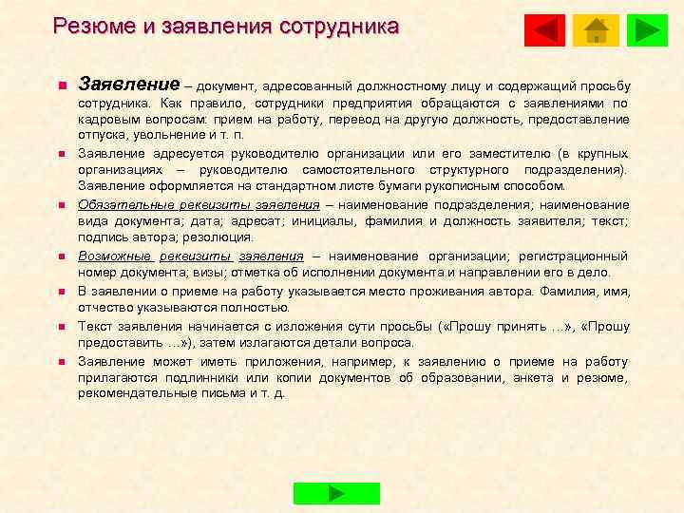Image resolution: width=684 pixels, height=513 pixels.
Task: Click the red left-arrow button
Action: tap(545, 30)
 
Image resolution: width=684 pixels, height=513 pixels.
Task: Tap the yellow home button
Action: tap(597, 30)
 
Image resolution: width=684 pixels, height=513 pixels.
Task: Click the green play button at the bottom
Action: tap(336, 493)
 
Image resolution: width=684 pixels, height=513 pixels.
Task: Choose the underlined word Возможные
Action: tap(111, 256)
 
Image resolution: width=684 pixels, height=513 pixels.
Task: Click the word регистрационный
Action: tap(577, 256)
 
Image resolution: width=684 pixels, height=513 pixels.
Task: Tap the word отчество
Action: tap(109, 307)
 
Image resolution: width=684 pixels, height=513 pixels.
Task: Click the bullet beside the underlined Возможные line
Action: tap(58, 256)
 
